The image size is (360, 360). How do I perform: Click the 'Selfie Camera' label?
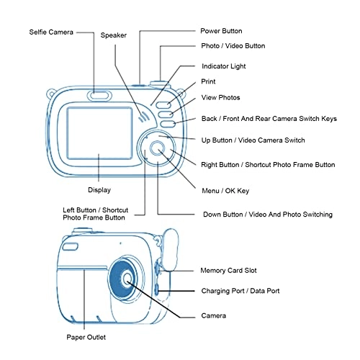click(x=50, y=32)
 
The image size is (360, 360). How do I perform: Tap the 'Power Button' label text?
click(x=220, y=31)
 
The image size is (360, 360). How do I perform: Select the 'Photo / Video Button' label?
click(x=232, y=46)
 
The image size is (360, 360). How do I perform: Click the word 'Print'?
click(x=207, y=82)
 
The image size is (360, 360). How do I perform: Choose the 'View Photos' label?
click(x=220, y=97)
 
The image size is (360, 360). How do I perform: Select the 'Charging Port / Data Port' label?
click(x=240, y=291)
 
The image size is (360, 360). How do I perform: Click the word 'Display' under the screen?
click(x=99, y=190)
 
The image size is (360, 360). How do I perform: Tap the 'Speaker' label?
click(x=113, y=35)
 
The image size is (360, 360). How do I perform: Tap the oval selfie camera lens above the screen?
click(x=99, y=94)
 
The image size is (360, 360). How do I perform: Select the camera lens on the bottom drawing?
click(x=127, y=280)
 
